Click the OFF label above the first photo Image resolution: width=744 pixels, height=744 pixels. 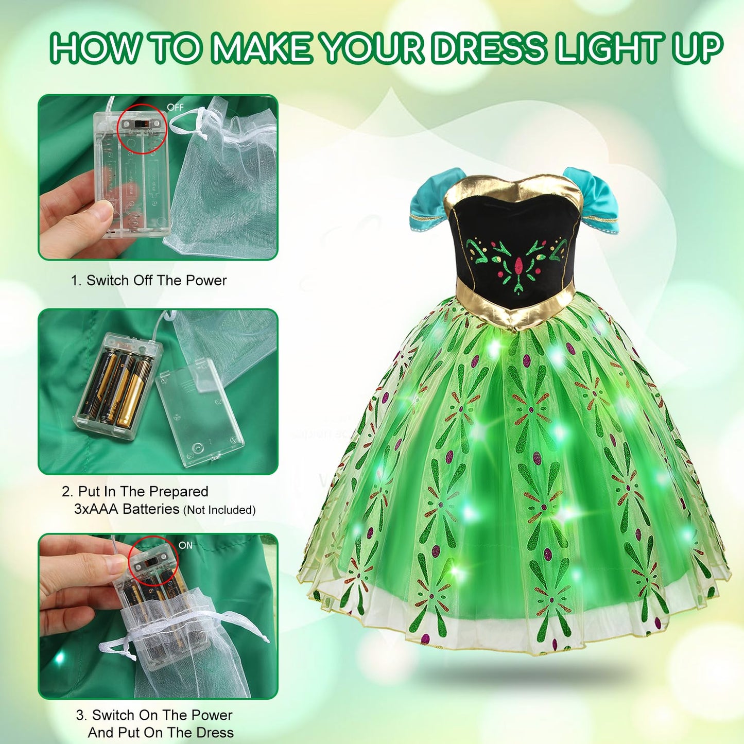click(x=175, y=107)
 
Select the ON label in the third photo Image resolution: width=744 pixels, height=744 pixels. click(x=185, y=545)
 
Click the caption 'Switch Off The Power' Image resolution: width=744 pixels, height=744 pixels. click(x=156, y=280)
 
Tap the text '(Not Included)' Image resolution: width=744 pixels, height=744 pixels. click(x=219, y=510)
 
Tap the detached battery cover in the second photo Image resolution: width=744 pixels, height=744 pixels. click(x=199, y=413)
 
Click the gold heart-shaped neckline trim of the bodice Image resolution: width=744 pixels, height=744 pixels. click(x=513, y=194)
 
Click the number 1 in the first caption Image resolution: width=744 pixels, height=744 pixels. click(x=75, y=281)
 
